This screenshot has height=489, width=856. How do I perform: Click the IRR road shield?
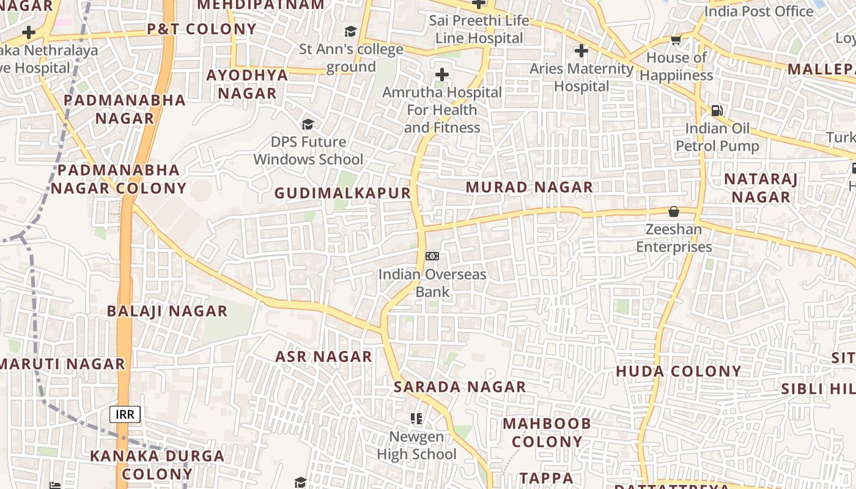point(125,414)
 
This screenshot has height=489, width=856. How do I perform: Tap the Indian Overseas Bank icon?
point(432,256)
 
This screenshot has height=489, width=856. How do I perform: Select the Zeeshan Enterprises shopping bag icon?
point(674,211)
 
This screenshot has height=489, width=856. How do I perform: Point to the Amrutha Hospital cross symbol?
point(441,75)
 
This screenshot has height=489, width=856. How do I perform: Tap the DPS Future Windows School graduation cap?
point(308,125)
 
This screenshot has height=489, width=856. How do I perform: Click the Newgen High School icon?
point(416,419)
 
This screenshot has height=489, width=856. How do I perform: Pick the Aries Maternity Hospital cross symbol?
point(581,51)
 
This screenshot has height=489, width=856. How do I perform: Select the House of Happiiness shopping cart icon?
point(676,40)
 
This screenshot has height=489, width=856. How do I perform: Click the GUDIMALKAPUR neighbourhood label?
point(342,193)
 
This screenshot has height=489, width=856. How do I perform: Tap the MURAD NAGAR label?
point(529,187)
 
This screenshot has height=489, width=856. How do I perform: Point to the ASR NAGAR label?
point(324,356)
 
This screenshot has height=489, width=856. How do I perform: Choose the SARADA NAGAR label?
point(460,386)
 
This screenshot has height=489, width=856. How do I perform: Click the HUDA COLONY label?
point(679,371)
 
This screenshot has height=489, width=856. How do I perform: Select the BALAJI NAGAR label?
point(167,311)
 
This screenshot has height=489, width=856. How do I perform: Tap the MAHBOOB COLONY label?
point(547,432)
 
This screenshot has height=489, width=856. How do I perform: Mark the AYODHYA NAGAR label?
point(247,84)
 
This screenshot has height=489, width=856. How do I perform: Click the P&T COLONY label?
point(202,29)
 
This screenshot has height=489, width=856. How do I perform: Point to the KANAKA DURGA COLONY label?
point(157,465)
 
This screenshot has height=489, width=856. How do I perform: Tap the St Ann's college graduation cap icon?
point(350,31)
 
